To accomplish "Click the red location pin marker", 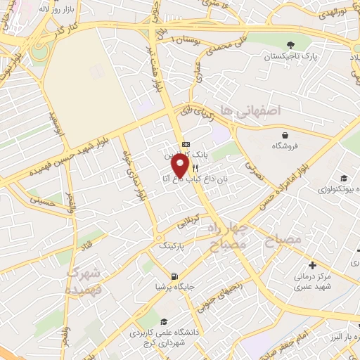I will pos(181,166).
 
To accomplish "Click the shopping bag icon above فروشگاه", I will pos(284,136).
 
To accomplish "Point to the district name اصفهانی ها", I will pos(250,110).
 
